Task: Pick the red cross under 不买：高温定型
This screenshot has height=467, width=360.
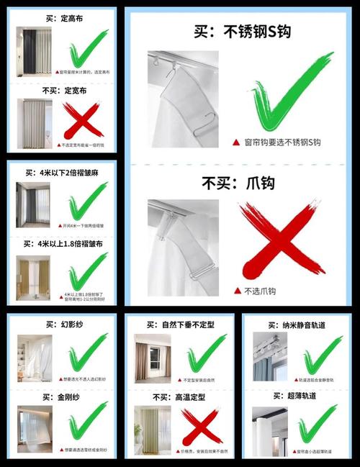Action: [199, 426]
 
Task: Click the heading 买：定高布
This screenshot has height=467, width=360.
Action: [63, 18]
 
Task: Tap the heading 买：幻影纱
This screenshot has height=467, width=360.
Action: [62, 325]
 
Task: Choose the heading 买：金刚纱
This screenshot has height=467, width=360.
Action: [62, 396]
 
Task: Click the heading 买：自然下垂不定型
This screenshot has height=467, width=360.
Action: [180, 325]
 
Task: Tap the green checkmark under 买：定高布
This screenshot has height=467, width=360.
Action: [88, 48]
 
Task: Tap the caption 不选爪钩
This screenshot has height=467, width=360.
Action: [249, 291]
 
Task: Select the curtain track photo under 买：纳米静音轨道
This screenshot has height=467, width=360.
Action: [270, 357]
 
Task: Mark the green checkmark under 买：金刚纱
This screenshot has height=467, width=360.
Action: [86, 425]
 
